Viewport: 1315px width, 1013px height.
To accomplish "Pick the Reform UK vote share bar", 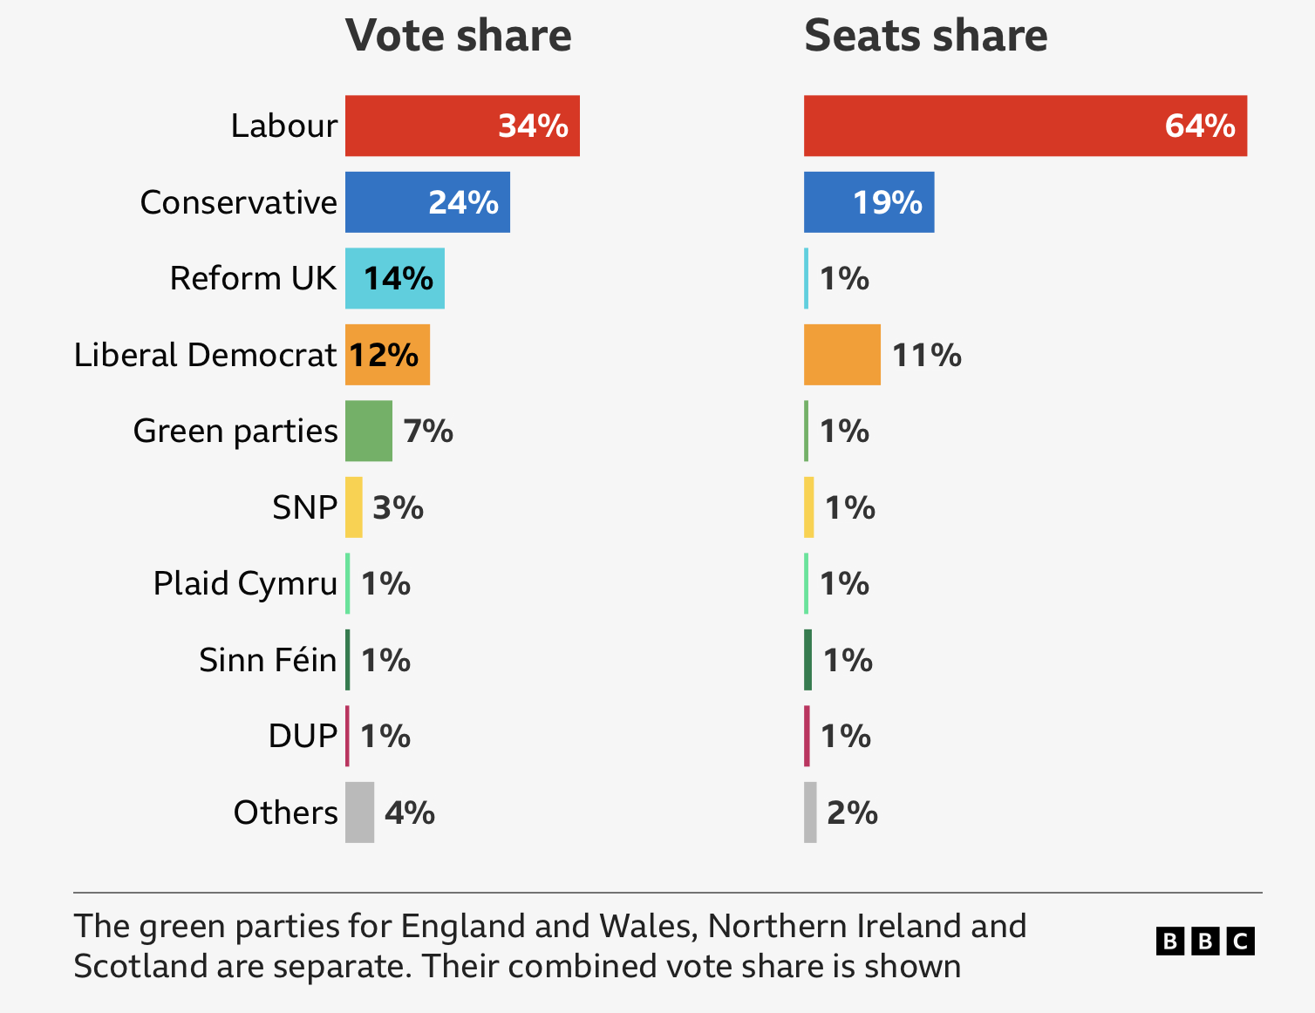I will pos(394,278).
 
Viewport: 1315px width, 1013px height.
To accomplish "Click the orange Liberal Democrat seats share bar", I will pos(841,355).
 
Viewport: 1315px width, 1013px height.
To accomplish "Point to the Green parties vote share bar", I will pos(368,431).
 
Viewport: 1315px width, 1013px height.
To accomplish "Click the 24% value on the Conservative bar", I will pos(463,202).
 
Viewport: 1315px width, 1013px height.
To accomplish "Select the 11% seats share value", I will pos(926,355).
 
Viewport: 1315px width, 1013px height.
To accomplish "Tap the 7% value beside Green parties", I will pos(428,431).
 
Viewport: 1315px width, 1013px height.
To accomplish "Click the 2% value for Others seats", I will pos(852,812).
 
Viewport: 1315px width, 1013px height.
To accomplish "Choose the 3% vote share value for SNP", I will pos(398,507).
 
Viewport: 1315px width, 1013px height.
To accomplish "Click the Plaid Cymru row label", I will pos(245,583).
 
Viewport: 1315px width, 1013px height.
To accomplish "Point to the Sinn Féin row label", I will pos(268,660).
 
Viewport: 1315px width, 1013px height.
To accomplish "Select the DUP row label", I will pos(303,736).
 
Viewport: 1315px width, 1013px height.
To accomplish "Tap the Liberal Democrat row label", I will pos(205,355).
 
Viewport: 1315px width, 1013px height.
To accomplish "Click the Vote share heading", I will pos(459,36).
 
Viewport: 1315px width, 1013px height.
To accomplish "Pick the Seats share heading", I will pos(925,36).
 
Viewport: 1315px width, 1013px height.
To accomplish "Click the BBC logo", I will pos(1205,942).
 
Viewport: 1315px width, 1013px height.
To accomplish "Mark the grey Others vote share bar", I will pos(359,812).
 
